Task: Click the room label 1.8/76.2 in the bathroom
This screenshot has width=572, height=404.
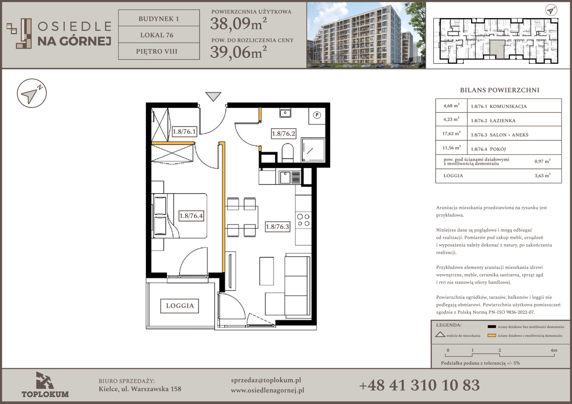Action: click(283, 134)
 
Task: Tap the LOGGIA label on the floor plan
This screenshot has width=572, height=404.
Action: click(180, 306)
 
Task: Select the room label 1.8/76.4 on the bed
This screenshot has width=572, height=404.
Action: click(191, 216)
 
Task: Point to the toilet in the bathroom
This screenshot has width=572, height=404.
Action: click(288, 152)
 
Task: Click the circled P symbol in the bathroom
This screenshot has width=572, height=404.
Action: click(317, 115)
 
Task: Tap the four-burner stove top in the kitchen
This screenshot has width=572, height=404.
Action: click(303, 220)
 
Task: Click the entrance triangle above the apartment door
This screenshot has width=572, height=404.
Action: click(213, 97)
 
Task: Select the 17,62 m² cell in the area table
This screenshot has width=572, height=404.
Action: click(451, 133)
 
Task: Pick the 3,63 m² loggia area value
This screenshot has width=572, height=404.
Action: click(542, 175)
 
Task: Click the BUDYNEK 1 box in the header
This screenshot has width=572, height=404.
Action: click(159, 18)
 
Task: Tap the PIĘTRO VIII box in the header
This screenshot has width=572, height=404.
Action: click(159, 51)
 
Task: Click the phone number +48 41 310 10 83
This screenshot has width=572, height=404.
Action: click(419, 385)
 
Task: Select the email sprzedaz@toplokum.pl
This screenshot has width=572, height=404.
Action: click(266, 380)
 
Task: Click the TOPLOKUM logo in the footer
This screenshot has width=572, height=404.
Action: click(45, 385)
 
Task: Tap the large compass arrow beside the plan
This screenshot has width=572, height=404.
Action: click(32, 93)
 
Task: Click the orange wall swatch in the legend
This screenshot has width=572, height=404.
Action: click(492, 335)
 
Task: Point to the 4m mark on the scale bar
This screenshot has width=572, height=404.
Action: click(554, 351)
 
